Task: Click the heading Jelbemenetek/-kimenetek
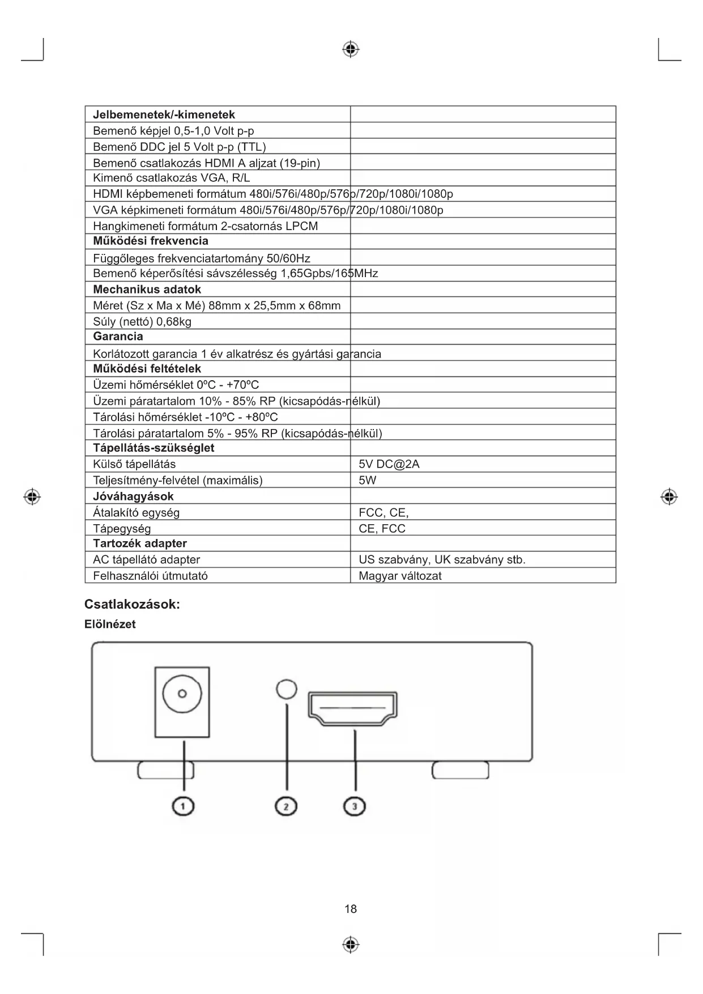tap(164, 114)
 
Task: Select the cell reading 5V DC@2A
tap(389, 464)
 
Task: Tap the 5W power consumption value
tap(367, 480)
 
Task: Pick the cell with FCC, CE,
tap(384, 512)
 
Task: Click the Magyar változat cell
tap(400, 576)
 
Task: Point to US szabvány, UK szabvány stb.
tap(442, 559)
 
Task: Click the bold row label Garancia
tap(118, 336)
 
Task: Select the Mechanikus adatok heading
tap(147, 289)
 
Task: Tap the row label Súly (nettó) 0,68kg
tap(142, 321)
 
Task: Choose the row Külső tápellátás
tap(134, 464)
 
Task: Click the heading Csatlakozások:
tap(132, 604)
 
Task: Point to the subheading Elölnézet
tap(110, 624)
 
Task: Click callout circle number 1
tap(184, 805)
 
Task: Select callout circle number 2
tap(286, 805)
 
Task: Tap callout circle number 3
tap(355, 805)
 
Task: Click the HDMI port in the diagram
tap(352, 708)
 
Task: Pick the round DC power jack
tap(182, 693)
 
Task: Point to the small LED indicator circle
tap(287, 689)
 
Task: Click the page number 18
tap(351, 909)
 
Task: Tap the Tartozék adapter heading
tap(140, 543)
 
